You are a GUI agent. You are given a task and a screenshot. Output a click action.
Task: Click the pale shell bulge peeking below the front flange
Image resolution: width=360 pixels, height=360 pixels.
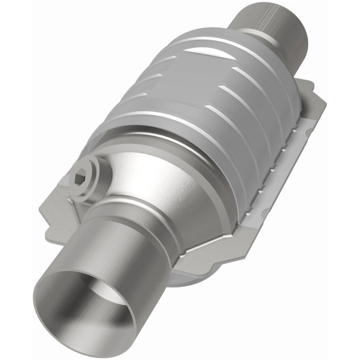(189, 281)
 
